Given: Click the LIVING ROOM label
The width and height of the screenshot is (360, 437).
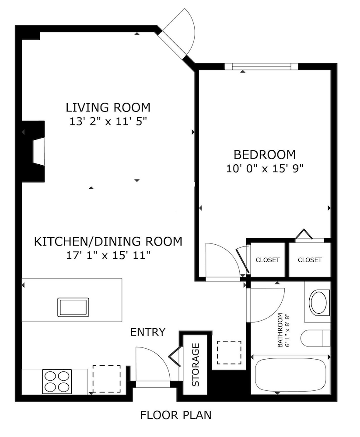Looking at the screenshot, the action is (108, 108).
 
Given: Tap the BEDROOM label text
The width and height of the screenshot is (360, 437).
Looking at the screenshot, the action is (265, 154).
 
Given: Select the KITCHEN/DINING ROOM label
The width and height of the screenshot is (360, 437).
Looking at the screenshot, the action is (108, 241).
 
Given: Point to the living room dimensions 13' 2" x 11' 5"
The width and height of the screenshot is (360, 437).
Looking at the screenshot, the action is (108, 121).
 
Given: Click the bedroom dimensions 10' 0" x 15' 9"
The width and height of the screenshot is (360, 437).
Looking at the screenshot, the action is (265, 168).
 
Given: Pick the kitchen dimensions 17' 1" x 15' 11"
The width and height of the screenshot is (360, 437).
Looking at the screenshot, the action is (108, 255).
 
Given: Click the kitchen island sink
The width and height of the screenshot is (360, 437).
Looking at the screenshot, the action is (73, 307).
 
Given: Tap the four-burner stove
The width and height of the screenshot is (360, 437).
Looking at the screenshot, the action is (57, 382).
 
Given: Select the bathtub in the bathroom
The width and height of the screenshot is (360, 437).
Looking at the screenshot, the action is (290, 375).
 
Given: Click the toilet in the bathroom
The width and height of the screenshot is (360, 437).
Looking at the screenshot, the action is (315, 338).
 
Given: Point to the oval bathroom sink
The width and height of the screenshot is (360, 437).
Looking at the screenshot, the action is (319, 302).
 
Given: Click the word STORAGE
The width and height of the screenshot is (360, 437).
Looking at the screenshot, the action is (196, 364).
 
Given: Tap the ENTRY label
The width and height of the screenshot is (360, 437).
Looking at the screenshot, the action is (148, 332).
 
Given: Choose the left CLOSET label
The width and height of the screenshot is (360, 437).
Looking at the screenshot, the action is (268, 260).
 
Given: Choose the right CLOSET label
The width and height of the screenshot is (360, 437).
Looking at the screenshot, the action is (310, 260).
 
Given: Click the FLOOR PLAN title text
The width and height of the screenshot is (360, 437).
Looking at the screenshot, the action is (176, 415).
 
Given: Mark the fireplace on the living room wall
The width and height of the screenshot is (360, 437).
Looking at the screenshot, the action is (34, 151).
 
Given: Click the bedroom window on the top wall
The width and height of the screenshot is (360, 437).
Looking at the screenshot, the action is (262, 66).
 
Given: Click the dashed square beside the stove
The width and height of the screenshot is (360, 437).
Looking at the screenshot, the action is (107, 379).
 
